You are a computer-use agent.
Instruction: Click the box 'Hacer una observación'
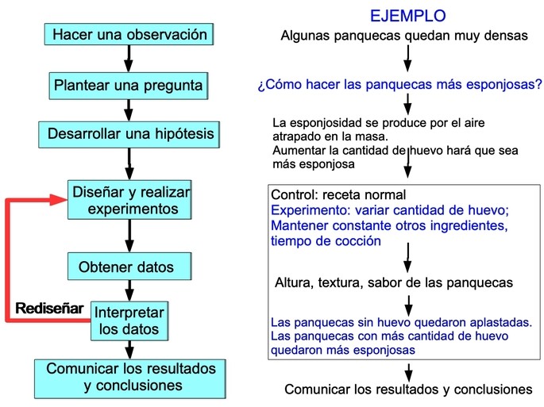pyautogui.click(x=129, y=34)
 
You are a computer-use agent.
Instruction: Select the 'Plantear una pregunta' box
pyautogui.click(x=129, y=86)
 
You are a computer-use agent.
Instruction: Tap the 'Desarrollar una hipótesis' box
pyautogui.click(x=129, y=135)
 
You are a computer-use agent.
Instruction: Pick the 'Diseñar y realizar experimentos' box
pyautogui.click(x=129, y=200)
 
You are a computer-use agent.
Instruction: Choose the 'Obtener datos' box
pyautogui.click(x=129, y=267)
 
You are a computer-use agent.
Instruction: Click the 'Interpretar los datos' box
pyautogui.click(x=129, y=321)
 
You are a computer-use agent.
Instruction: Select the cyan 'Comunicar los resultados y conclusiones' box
pyautogui.click(x=130, y=378)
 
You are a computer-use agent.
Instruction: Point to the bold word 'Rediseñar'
pyautogui.click(x=49, y=308)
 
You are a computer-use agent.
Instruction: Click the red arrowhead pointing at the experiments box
pyautogui.click(x=59, y=200)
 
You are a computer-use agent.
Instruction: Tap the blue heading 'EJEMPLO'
pyautogui.click(x=408, y=16)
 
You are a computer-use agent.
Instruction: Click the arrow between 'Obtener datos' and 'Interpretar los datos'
pyautogui.click(x=129, y=290)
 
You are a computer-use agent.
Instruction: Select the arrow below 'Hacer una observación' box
pyautogui.click(x=129, y=59)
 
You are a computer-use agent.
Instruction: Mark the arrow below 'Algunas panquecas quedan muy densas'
pyautogui.click(x=408, y=59)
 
